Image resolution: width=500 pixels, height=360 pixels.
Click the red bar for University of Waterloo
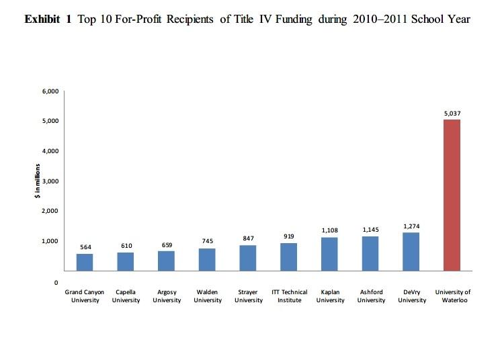tap(452, 195)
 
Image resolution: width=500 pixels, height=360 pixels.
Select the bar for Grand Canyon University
tap(85, 262)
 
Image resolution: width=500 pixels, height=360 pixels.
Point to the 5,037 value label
tap(452, 114)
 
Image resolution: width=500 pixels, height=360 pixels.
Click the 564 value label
tap(85, 247)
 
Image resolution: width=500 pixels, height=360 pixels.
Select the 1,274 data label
tap(411, 227)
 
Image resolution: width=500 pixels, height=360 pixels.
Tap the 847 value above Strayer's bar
tap(248, 238)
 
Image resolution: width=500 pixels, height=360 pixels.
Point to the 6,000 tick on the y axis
tap(51, 91)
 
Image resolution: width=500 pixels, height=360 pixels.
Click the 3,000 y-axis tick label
tap(51, 181)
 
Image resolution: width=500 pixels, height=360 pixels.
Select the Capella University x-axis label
tap(126, 296)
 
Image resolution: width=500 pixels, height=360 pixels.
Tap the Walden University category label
tap(208, 296)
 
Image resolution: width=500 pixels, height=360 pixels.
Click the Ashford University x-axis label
tap(371, 296)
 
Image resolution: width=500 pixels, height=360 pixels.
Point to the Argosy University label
tap(167, 296)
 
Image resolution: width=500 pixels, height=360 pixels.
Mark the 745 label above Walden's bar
tap(208, 241)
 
